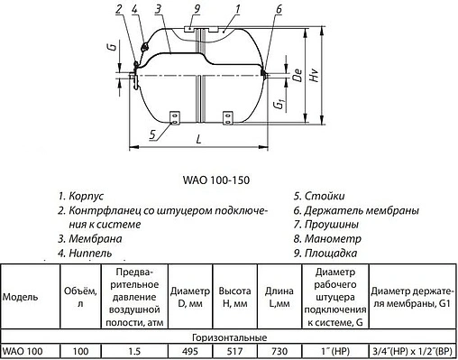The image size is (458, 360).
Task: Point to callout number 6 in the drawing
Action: click(x=279, y=9)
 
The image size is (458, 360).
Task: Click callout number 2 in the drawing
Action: click(x=119, y=9)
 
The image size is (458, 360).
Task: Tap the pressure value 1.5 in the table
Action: click(x=135, y=350)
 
